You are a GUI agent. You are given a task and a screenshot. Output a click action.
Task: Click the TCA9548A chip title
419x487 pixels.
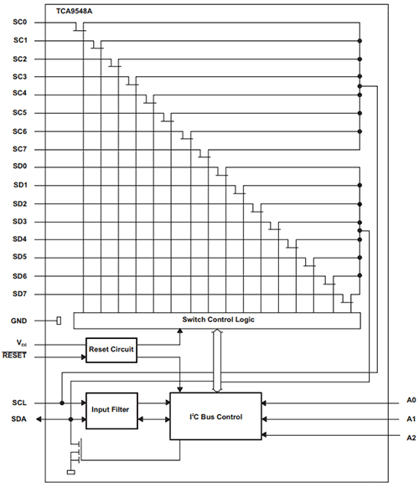coord(74,11)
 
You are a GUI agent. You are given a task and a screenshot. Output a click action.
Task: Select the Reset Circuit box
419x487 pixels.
coord(111,350)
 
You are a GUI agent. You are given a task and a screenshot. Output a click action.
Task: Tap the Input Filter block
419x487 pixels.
coord(111,411)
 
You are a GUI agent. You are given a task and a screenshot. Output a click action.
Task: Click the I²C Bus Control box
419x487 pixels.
coord(215,416)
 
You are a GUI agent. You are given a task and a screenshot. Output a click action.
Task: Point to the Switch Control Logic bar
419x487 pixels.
coord(217,320)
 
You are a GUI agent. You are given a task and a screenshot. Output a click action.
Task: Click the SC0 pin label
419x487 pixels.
coord(19,22)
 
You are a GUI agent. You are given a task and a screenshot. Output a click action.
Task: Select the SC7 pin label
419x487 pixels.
coord(19,149)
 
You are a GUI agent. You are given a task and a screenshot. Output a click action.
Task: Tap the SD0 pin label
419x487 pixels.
coord(19,167)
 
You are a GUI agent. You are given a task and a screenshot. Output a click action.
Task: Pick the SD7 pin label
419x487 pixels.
coord(19,294)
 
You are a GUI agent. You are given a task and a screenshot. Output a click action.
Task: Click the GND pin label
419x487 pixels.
coord(19,320)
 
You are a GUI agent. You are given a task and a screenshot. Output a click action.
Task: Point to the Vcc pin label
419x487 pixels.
coord(22,343)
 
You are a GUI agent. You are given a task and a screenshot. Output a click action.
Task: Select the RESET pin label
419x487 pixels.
coord(14,356)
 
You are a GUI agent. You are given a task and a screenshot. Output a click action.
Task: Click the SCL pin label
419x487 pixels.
coord(19,402)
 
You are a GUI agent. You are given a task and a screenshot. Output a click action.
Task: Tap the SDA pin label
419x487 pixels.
coord(19,419)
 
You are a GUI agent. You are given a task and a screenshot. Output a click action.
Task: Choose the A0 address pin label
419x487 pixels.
coord(411,400)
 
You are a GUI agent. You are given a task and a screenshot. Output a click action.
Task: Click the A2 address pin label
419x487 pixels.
coord(411,438)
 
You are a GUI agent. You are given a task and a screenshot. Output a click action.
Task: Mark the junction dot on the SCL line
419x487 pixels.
coord(62,402)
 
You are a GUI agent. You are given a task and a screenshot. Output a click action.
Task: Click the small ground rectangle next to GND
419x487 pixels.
coord(59,320)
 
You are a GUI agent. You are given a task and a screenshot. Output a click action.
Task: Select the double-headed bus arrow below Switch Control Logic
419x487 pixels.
coord(217,361)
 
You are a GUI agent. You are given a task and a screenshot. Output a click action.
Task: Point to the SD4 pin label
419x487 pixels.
coord(19,239)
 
